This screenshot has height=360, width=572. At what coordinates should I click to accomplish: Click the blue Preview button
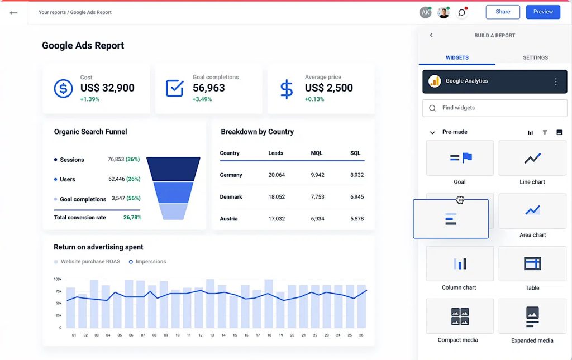pyautogui.click(x=542, y=12)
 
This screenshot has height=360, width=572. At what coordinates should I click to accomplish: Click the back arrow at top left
pyautogui.click(x=14, y=12)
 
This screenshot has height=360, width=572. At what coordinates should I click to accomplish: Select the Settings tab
pyautogui.click(x=535, y=57)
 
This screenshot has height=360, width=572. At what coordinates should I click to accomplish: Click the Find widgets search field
pyautogui.click(x=494, y=108)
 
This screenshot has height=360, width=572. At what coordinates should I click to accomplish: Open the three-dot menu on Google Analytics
pyautogui.click(x=555, y=81)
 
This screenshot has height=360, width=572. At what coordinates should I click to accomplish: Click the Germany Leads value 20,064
pyautogui.click(x=277, y=175)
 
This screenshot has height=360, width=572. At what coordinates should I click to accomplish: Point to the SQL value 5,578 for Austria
pyautogui.click(x=356, y=219)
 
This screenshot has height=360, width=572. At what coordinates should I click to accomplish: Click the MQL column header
pyautogui.click(x=317, y=153)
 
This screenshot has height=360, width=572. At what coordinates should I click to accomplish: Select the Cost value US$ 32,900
pyautogui.click(x=107, y=88)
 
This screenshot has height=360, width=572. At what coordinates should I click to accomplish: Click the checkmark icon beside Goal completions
pyautogui.click(x=175, y=89)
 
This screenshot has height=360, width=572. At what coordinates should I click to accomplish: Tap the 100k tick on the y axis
pyautogui.click(x=58, y=279)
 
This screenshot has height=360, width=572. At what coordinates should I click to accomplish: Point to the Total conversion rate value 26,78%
pyautogui.click(x=132, y=218)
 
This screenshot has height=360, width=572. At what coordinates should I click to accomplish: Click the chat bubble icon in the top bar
pyautogui.click(x=462, y=12)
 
